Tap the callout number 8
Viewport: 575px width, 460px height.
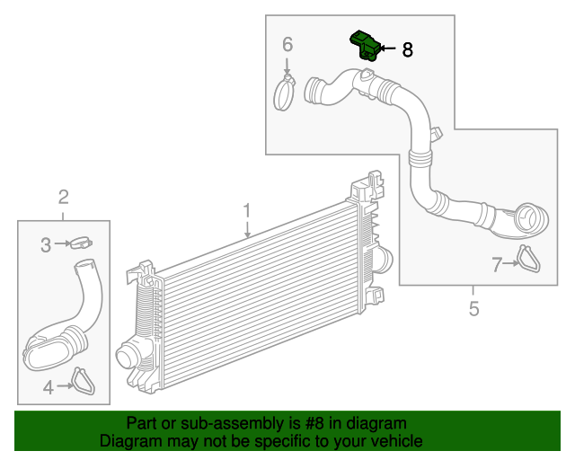407,50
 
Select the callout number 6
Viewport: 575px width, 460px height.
287,44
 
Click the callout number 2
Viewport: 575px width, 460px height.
64,197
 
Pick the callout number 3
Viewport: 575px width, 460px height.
44,243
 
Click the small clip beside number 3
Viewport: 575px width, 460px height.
81,243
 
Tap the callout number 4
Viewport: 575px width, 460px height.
48,387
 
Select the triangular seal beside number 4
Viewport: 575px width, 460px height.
83,382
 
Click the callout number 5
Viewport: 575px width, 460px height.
473,310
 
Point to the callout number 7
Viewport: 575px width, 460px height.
496,264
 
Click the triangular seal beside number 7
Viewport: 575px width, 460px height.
528,259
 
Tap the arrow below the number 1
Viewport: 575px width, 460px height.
246,231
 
